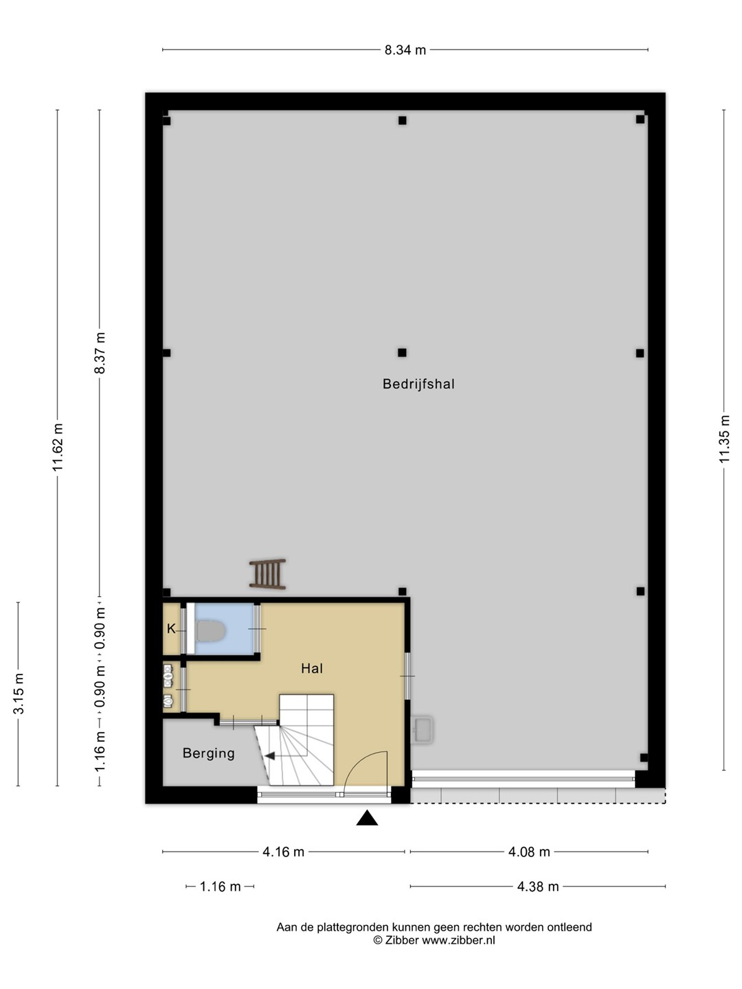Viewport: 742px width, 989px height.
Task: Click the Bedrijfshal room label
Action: click(x=418, y=384)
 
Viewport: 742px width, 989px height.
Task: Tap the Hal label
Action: click(x=312, y=668)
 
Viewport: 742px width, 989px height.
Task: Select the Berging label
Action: click(x=209, y=753)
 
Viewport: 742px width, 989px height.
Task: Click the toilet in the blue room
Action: click(x=210, y=630)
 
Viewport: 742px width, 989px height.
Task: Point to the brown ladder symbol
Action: click(x=268, y=574)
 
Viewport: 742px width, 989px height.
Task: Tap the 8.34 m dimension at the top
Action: click(x=405, y=50)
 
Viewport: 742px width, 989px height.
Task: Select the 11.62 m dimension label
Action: click(x=57, y=447)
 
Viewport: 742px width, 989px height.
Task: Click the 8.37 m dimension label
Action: click(x=100, y=353)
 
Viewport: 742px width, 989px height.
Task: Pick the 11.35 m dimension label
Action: click(x=723, y=439)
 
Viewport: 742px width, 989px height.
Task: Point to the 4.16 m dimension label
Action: click(x=283, y=852)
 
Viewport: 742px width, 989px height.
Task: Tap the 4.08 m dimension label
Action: click(x=529, y=852)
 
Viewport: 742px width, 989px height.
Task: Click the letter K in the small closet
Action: click(x=171, y=628)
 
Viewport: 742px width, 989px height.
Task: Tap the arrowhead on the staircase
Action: click(x=269, y=756)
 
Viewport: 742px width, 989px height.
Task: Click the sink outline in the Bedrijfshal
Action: click(x=423, y=730)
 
